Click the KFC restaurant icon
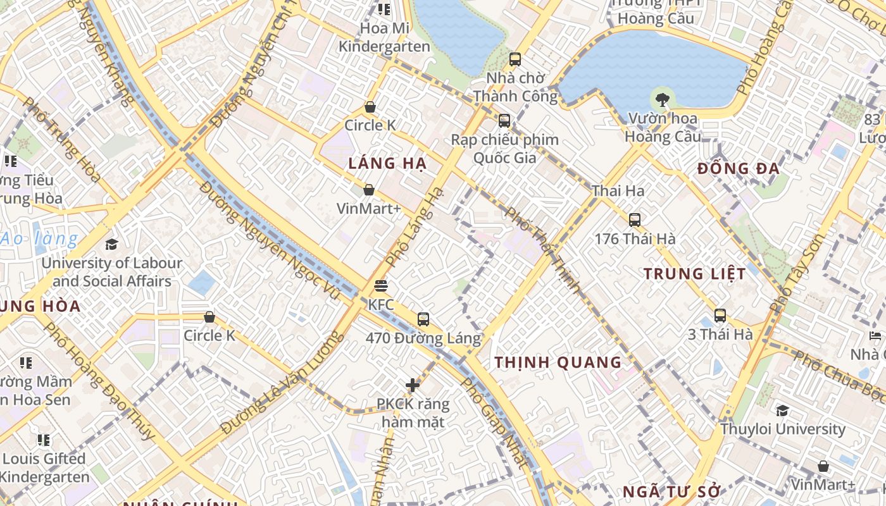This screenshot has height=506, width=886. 380,286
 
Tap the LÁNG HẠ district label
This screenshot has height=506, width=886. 387,163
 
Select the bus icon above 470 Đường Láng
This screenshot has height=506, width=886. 423,319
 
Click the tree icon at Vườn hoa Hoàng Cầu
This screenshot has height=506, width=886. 663,99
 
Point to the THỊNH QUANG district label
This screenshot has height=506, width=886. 558,362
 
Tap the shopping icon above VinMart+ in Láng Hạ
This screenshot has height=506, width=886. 368,190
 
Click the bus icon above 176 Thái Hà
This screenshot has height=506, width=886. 635,220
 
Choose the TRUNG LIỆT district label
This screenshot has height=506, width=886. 695,274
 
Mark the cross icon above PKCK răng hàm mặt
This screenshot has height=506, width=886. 413,385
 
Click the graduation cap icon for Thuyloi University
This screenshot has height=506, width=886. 783,410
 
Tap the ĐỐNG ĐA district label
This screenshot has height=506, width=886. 739,169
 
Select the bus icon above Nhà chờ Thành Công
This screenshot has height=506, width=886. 515,59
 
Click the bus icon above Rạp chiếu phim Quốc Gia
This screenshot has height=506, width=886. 504,120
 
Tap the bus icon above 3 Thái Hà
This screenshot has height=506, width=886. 720,316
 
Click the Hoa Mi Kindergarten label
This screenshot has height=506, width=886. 375,37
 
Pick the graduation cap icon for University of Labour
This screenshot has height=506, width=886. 112,244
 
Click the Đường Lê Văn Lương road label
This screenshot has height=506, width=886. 281,386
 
